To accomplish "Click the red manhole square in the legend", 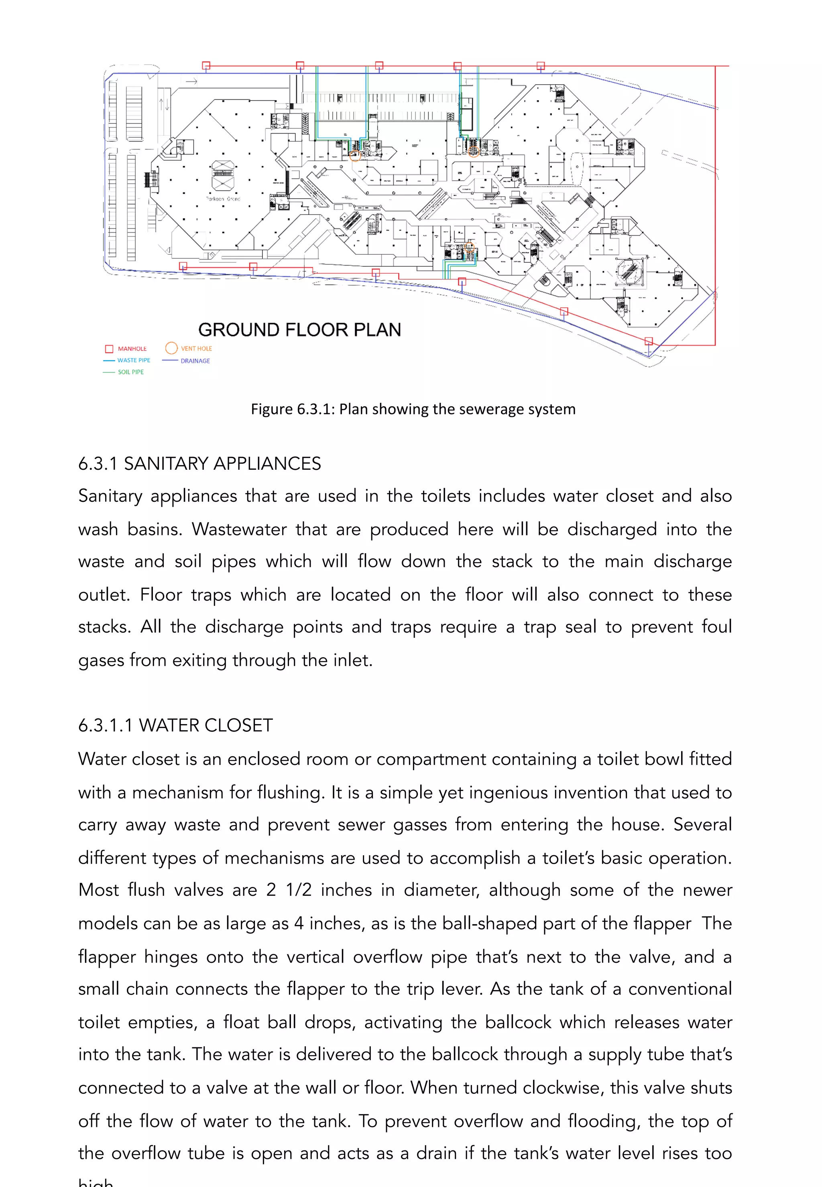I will (109, 349).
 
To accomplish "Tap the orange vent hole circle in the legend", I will (171, 348).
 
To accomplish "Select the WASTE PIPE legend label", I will (133, 360).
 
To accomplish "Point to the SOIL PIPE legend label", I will (131, 371).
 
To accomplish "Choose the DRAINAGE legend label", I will (195, 361).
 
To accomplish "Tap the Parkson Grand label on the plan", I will (223, 199).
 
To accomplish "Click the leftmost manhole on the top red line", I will (206, 65).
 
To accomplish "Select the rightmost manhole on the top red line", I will (541, 65).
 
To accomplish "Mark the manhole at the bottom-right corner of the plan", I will (649, 341).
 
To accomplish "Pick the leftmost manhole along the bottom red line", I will (183, 266).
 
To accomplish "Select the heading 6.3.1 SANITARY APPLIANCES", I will (199, 464).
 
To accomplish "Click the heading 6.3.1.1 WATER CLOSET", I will (175, 725).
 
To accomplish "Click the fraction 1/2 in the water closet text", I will (299, 890).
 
